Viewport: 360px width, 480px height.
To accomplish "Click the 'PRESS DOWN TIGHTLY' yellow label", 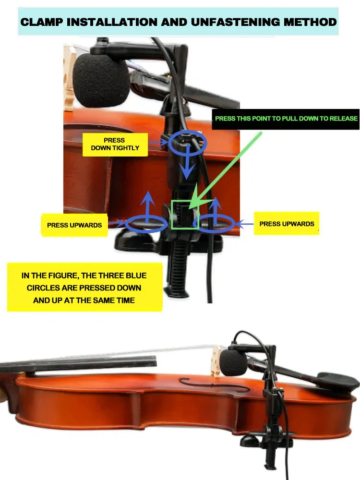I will pos(114,144).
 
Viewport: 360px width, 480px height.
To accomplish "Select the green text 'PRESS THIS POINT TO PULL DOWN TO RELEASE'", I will pos(286,119).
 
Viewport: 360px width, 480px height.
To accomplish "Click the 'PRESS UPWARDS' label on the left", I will pos(74,225).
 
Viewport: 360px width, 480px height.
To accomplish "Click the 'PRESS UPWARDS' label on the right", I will pos(287,224).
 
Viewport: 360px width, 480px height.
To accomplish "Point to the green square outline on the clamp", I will pos(185,215).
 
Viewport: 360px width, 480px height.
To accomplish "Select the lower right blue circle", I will pos(216,223).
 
